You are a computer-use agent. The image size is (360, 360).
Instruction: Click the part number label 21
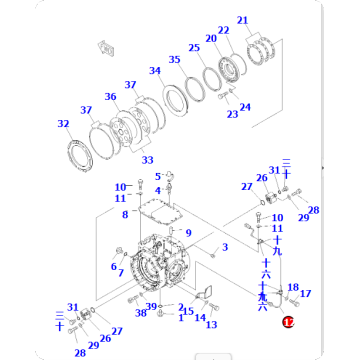click(243, 20)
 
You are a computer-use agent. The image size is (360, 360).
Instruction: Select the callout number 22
click(223, 30)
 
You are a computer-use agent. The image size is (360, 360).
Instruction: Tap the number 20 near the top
click(211, 39)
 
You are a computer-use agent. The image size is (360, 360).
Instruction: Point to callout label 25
click(194, 48)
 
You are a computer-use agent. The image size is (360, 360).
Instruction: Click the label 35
click(175, 60)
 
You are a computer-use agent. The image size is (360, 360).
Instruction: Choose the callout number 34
click(155, 71)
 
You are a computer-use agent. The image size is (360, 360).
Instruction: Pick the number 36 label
click(110, 97)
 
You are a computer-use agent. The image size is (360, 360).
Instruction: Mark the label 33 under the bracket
click(147, 160)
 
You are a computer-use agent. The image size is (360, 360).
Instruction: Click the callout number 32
click(63, 124)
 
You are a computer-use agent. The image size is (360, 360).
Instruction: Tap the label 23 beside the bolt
click(231, 114)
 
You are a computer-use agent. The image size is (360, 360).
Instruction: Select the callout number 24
click(245, 107)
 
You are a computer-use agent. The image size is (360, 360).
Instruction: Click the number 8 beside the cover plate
click(125, 214)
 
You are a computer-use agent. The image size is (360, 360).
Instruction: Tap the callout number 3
click(225, 247)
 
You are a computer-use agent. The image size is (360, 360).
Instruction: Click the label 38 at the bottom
click(141, 314)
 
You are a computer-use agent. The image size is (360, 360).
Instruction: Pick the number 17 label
click(306, 294)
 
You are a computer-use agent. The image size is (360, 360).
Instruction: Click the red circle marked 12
click(287, 323)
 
